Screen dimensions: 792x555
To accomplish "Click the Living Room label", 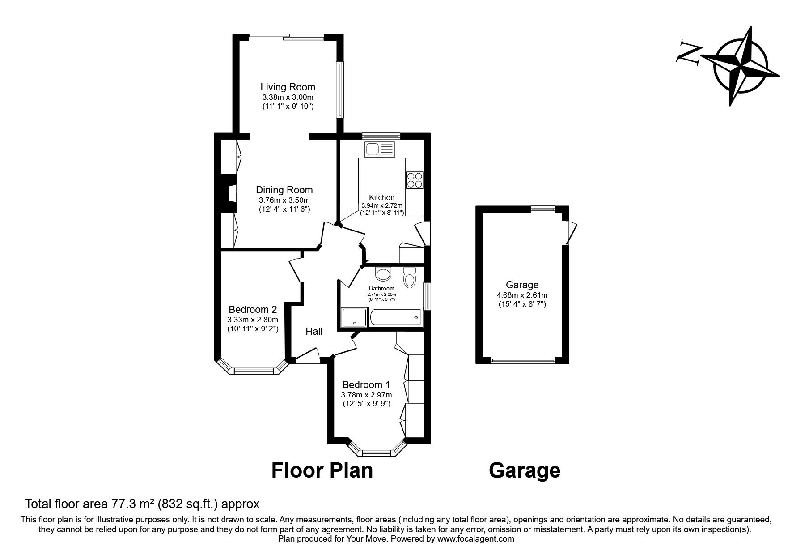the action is [x=288, y=87].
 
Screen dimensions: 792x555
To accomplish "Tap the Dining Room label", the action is [x=284, y=190].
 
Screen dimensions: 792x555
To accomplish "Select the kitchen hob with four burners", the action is [x=415, y=180].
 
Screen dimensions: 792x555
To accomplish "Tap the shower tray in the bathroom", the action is [x=354, y=318].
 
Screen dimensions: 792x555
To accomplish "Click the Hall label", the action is [x=314, y=332].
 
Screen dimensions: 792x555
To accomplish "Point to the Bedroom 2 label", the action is [x=253, y=309].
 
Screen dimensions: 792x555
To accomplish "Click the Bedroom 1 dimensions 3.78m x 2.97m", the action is [x=366, y=395].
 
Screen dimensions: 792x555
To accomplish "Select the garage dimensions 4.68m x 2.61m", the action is [x=522, y=295].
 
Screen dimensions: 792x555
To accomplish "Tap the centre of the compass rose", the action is [x=742, y=66].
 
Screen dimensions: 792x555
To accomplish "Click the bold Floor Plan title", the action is [x=322, y=471].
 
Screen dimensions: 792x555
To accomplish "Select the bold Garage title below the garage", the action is [x=525, y=471].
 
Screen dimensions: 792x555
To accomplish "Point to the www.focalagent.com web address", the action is [x=476, y=539].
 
